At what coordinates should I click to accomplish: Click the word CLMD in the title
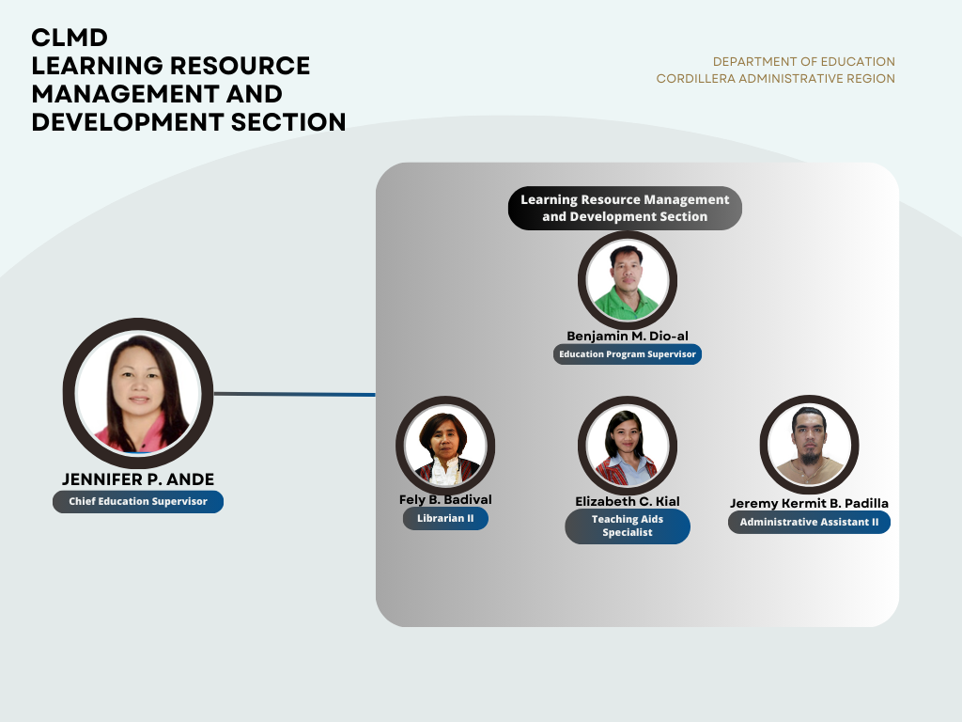tap(70, 38)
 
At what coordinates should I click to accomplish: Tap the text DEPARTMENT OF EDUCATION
tap(804, 62)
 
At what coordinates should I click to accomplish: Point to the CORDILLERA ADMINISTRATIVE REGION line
tap(775, 79)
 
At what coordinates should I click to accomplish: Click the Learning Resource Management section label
tap(625, 208)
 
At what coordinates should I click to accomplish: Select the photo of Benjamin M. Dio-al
tap(627, 280)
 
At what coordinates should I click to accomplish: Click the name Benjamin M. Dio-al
tap(627, 336)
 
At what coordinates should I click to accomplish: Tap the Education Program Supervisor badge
tap(627, 354)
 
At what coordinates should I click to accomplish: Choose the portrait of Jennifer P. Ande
tap(138, 393)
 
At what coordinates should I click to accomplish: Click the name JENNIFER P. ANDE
tap(138, 479)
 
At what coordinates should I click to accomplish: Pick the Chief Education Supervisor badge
tap(138, 502)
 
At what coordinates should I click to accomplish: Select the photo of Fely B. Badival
tap(445, 445)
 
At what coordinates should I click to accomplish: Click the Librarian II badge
tap(445, 519)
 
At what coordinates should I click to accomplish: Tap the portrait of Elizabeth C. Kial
tap(627, 445)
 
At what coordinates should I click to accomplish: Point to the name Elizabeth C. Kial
tap(627, 502)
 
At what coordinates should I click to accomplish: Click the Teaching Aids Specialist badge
tap(627, 526)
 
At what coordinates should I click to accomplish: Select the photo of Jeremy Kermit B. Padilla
tap(809, 445)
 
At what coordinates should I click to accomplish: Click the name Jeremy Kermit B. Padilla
tap(809, 504)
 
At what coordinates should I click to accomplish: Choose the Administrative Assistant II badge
tap(809, 523)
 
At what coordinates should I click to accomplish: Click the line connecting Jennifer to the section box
tap(294, 394)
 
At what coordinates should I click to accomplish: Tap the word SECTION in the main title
tap(288, 122)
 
